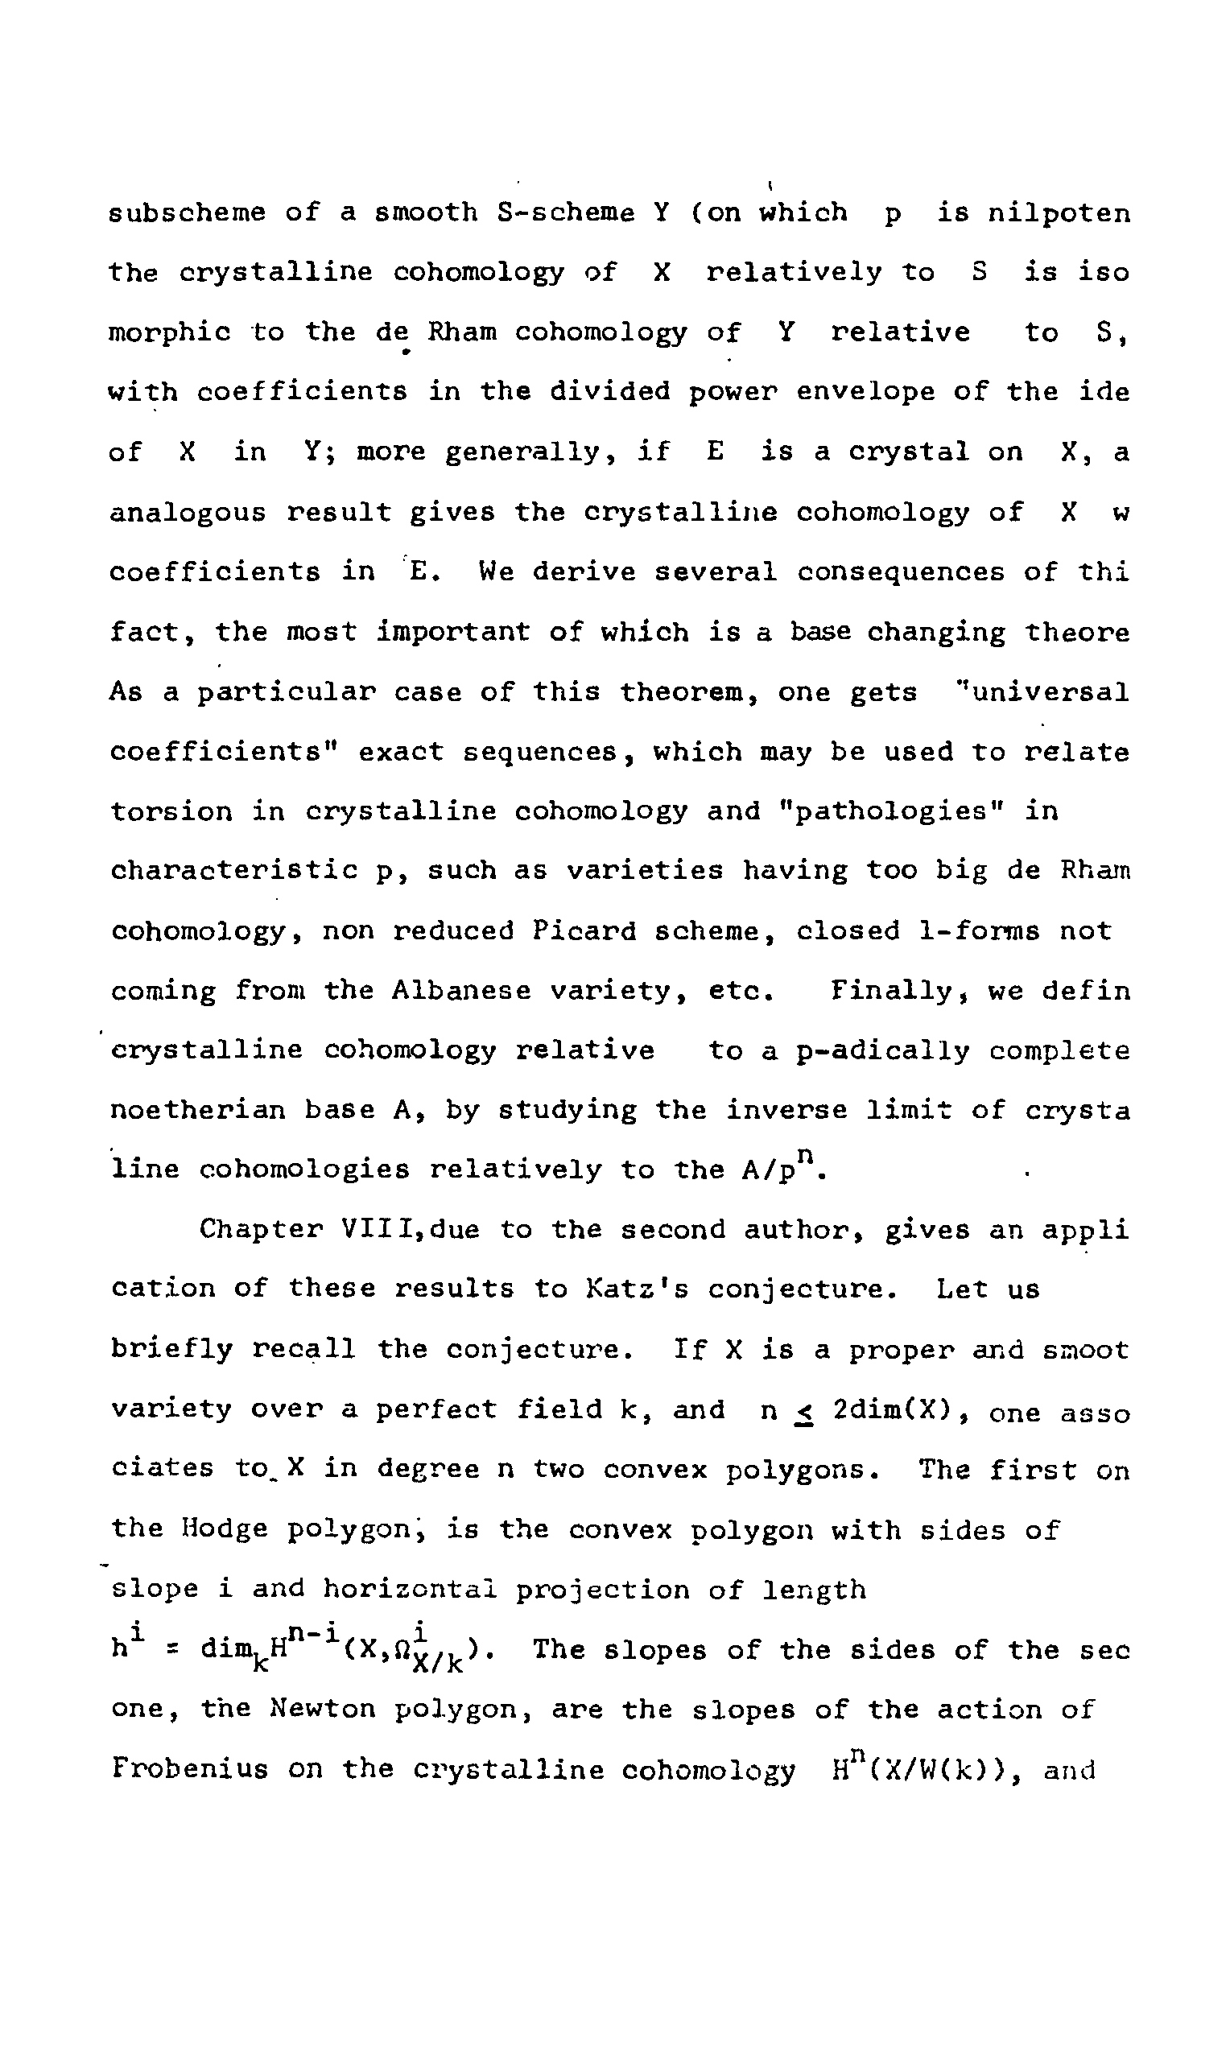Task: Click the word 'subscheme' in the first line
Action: click(x=188, y=213)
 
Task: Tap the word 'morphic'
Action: click(x=170, y=332)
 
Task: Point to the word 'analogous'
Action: click(x=188, y=513)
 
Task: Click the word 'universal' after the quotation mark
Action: click(x=1050, y=692)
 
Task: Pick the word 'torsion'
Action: click(x=171, y=811)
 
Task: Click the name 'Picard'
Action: click(x=584, y=930)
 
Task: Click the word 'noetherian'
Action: click(x=197, y=1110)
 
